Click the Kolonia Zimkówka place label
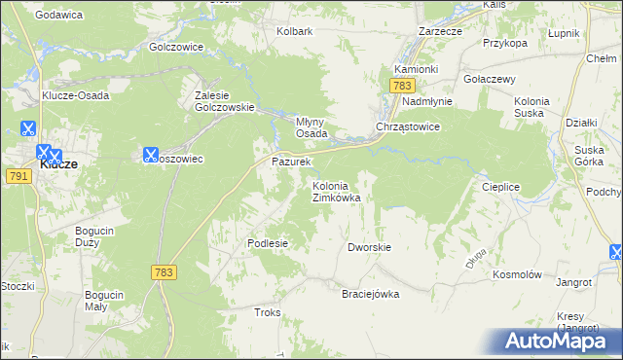click(x=336, y=192)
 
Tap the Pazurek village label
click(x=290, y=161)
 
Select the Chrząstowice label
click(x=409, y=127)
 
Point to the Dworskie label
click(x=369, y=247)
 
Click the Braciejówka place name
click(x=370, y=294)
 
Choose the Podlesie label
click(x=268, y=243)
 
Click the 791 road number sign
click(x=18, y=176)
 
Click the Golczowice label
click(x=176, y=46)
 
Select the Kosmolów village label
click(x=517, y=274)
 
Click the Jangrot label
click(x=573, y=282)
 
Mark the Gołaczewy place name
click(x=489, y=79)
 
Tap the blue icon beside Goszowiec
click(x=150, y=154)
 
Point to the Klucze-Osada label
click(x=74, y=95)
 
